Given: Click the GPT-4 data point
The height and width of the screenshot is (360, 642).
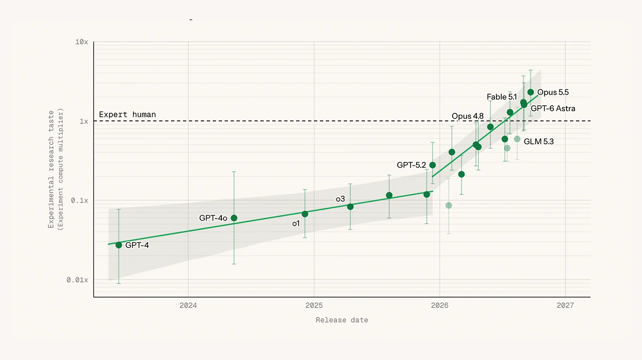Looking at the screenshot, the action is pos(119,245).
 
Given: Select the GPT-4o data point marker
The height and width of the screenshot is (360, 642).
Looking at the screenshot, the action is pos(234,218).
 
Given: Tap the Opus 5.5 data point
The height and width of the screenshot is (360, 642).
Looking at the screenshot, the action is pos(530,92).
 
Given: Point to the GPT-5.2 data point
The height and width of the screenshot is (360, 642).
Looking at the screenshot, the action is pos(433,165).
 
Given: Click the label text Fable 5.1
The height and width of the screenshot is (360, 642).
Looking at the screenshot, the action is pos(502,97).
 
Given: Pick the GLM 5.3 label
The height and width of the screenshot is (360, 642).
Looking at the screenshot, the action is pos(538,142).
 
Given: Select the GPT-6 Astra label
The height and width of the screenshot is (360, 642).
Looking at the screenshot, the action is pos(553,109).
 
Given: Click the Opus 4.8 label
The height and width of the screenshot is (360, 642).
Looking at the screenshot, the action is pos(467,116).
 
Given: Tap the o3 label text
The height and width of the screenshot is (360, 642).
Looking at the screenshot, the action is pos(340,199).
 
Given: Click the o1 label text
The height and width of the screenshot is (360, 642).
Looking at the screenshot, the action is pos(296,224).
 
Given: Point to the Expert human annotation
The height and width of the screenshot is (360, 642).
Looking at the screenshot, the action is pos(127,114).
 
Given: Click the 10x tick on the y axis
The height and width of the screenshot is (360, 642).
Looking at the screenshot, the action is pos(82,42).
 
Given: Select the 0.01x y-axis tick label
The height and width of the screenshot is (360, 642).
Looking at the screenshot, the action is pos(77,280).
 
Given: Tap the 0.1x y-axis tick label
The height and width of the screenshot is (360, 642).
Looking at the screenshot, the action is pos(79,200).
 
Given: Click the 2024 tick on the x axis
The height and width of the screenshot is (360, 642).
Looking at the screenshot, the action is pos(188,305).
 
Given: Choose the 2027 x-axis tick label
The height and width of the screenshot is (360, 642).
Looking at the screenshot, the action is pos(565,305).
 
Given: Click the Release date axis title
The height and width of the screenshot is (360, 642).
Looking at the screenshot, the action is pos(342,320).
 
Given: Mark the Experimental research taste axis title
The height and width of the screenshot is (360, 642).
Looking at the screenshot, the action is pos(51,169).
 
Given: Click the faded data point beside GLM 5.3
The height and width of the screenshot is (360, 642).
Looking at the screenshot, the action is pos(517,139).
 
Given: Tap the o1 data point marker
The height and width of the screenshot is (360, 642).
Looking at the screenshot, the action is pos(305,214).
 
